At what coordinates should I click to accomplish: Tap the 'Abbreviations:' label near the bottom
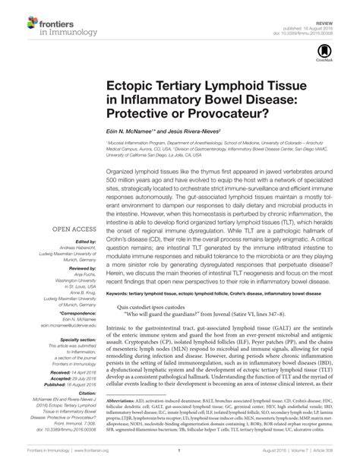(126, 419)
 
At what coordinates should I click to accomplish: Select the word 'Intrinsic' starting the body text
(119, 349)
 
